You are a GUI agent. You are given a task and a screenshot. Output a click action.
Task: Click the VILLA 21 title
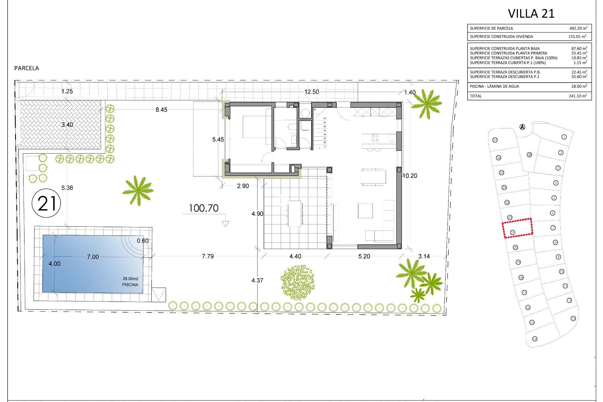(531, 14)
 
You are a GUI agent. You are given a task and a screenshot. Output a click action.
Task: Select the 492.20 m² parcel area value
(578, 28)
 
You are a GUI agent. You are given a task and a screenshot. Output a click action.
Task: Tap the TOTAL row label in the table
(475, 96)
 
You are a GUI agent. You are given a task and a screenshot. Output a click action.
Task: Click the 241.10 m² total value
(578, 96)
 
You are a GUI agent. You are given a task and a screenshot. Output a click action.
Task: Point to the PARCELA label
(27, 68)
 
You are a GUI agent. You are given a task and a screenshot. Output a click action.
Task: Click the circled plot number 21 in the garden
(46, 203)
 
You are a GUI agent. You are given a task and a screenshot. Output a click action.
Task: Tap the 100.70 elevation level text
(204, 208)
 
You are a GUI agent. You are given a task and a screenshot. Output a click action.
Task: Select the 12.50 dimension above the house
(312, 92)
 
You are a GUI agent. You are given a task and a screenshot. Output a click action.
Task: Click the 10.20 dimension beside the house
(410, 176)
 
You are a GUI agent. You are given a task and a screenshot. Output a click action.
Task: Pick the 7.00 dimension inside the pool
(93, 257)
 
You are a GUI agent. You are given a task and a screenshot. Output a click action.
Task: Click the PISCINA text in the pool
(130, 285)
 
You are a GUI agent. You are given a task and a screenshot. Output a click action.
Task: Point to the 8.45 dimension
(161, 110)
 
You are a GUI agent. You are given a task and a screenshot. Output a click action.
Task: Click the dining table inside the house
(373, 177)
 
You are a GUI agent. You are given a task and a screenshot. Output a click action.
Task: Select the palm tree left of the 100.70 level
(138, 190)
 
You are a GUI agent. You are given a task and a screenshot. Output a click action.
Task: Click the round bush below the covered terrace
(297, 282)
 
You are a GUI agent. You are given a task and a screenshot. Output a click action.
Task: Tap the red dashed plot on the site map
(518, 228)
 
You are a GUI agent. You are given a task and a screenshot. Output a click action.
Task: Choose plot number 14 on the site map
(535, 339)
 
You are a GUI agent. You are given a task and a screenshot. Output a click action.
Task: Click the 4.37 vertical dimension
(257, 280)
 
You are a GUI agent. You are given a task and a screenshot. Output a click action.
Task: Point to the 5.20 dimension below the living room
(364, 256)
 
